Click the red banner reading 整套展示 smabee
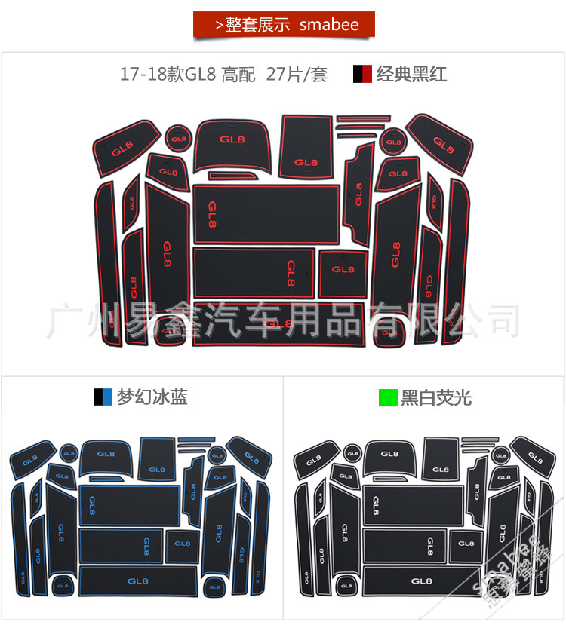pyautogui.click(x=284, y=24)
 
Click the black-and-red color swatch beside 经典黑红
pyautogui.click(x=362, y=75)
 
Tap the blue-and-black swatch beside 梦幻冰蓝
pyautogui.click(x=103, y=397)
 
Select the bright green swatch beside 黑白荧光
pyautogui.click(x=388, y=397)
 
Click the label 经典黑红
pyautogui.click(x=411, y=75)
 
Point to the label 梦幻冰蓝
pyautogui.click(x=152, y=397)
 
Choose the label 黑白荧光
pyautogui.click(x=436, y=397)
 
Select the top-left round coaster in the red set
pyautogui.click(x=178, y=138)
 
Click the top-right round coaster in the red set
pyautogui.click(x=393, y=141)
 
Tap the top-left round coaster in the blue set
pyautogui.click(x=69, y=453)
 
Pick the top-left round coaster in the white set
pyautogui.click(x=352, y=453)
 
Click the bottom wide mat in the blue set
pyautogui.click(x=138, y=581)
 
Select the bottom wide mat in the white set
pyautogui.click(x=422, y=581)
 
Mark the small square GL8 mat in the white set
pyautogui.click(x=466, y=543)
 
